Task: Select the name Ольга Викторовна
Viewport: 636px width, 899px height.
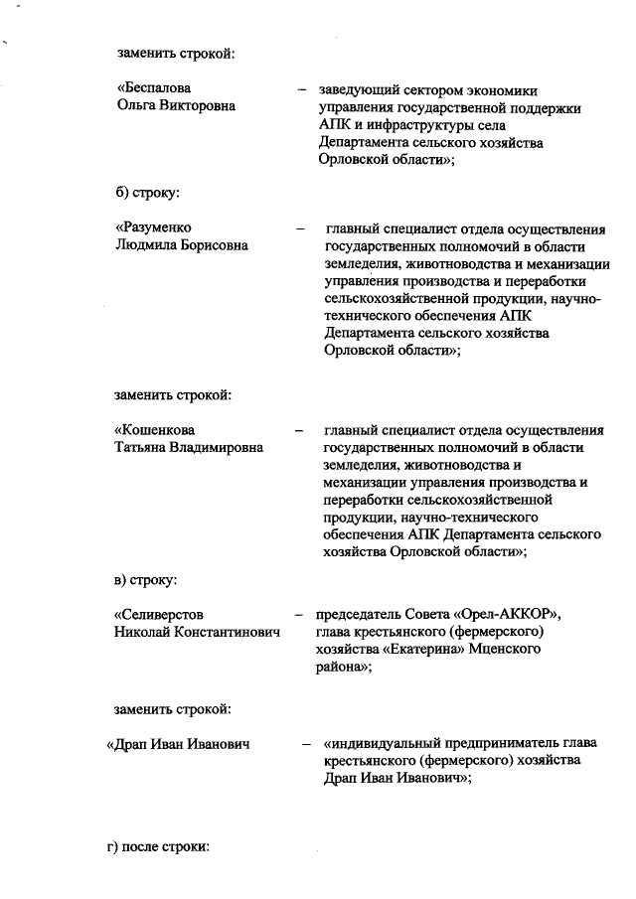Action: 176,106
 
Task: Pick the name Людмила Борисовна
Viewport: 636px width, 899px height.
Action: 182,245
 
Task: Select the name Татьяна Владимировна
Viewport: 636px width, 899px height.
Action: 190,448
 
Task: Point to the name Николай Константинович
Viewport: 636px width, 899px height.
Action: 198,633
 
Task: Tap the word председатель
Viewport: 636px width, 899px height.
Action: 361,615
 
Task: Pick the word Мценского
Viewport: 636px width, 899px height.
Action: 508,651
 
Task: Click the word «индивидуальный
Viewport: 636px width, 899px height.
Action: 382,744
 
